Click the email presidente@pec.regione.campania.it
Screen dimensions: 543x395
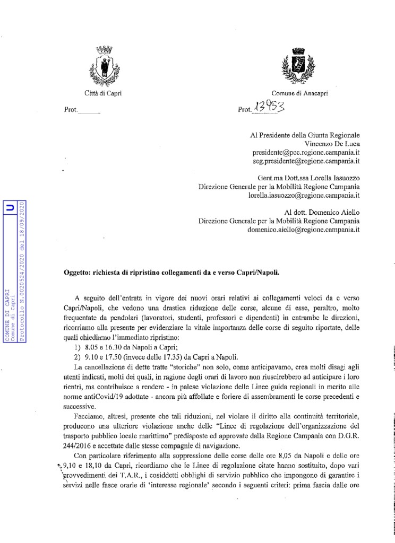point(306,151)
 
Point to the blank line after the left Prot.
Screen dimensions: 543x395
point(89,111)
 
